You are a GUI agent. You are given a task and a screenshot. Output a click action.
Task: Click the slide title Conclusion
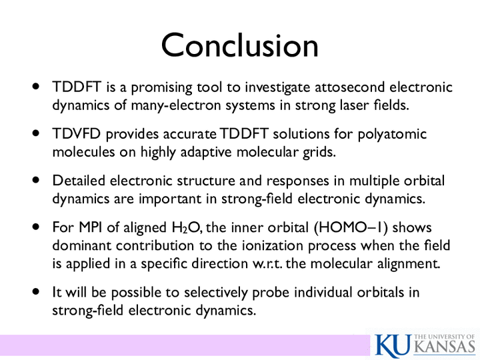point(240,45)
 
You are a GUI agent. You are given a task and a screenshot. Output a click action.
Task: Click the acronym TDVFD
point(77,134)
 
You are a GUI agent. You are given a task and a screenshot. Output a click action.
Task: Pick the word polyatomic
point(392,135)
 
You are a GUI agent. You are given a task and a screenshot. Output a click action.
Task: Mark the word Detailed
point(79,180)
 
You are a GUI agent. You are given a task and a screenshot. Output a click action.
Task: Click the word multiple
point(374,181)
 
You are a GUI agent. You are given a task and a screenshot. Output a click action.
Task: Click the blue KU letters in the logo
point(393,345)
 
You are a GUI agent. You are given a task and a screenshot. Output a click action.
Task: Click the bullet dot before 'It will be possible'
point(36,292)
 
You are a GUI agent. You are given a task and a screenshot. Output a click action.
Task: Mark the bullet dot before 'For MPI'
point(36,227)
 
